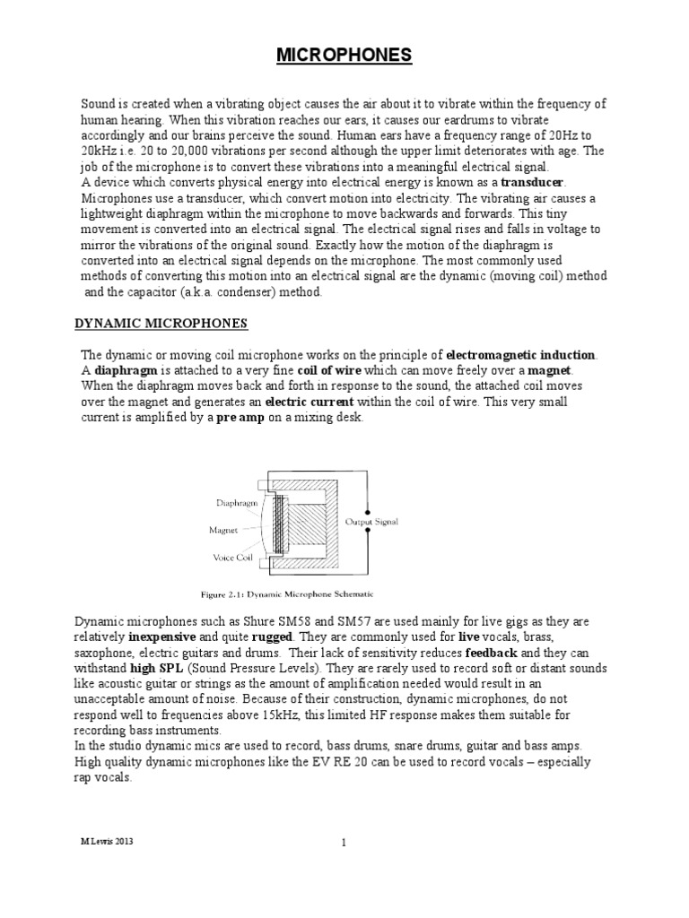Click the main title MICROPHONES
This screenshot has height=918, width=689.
click(x=344, y=56)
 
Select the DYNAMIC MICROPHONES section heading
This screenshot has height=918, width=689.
click(x=165, y=323)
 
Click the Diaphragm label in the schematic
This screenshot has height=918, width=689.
click(x=234, y=504)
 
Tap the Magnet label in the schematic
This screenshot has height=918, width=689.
click(x=223, y=530)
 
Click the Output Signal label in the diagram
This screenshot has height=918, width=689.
click(x=371, y=521)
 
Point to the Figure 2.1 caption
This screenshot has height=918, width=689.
click(x=285, y=593)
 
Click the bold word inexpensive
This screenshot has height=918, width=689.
click(x=168, y=637)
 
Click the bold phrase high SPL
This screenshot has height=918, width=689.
click(x=158, y=668)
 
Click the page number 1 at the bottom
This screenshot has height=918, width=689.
click(x=344, y=843)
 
